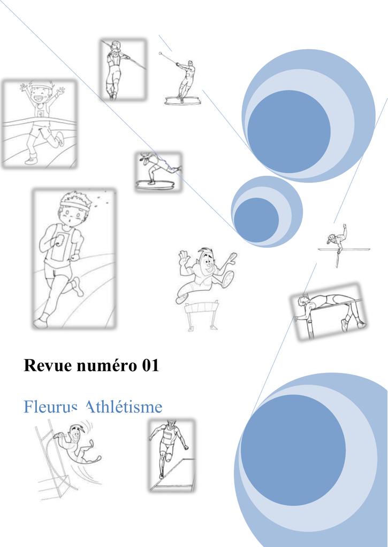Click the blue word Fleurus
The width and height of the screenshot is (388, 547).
(50, 407)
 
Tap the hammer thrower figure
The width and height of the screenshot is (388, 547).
(180, 79)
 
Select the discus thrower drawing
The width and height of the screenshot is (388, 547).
(158, 171)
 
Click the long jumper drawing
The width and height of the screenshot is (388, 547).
(171, 455)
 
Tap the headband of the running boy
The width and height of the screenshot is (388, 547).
(74, 204)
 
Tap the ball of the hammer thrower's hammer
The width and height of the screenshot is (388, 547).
(161, 54)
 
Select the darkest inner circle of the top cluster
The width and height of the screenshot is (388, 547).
(289, 131)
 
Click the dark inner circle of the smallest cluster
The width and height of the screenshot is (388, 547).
(256, 220)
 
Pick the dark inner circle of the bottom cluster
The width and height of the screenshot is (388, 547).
(293, 450)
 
